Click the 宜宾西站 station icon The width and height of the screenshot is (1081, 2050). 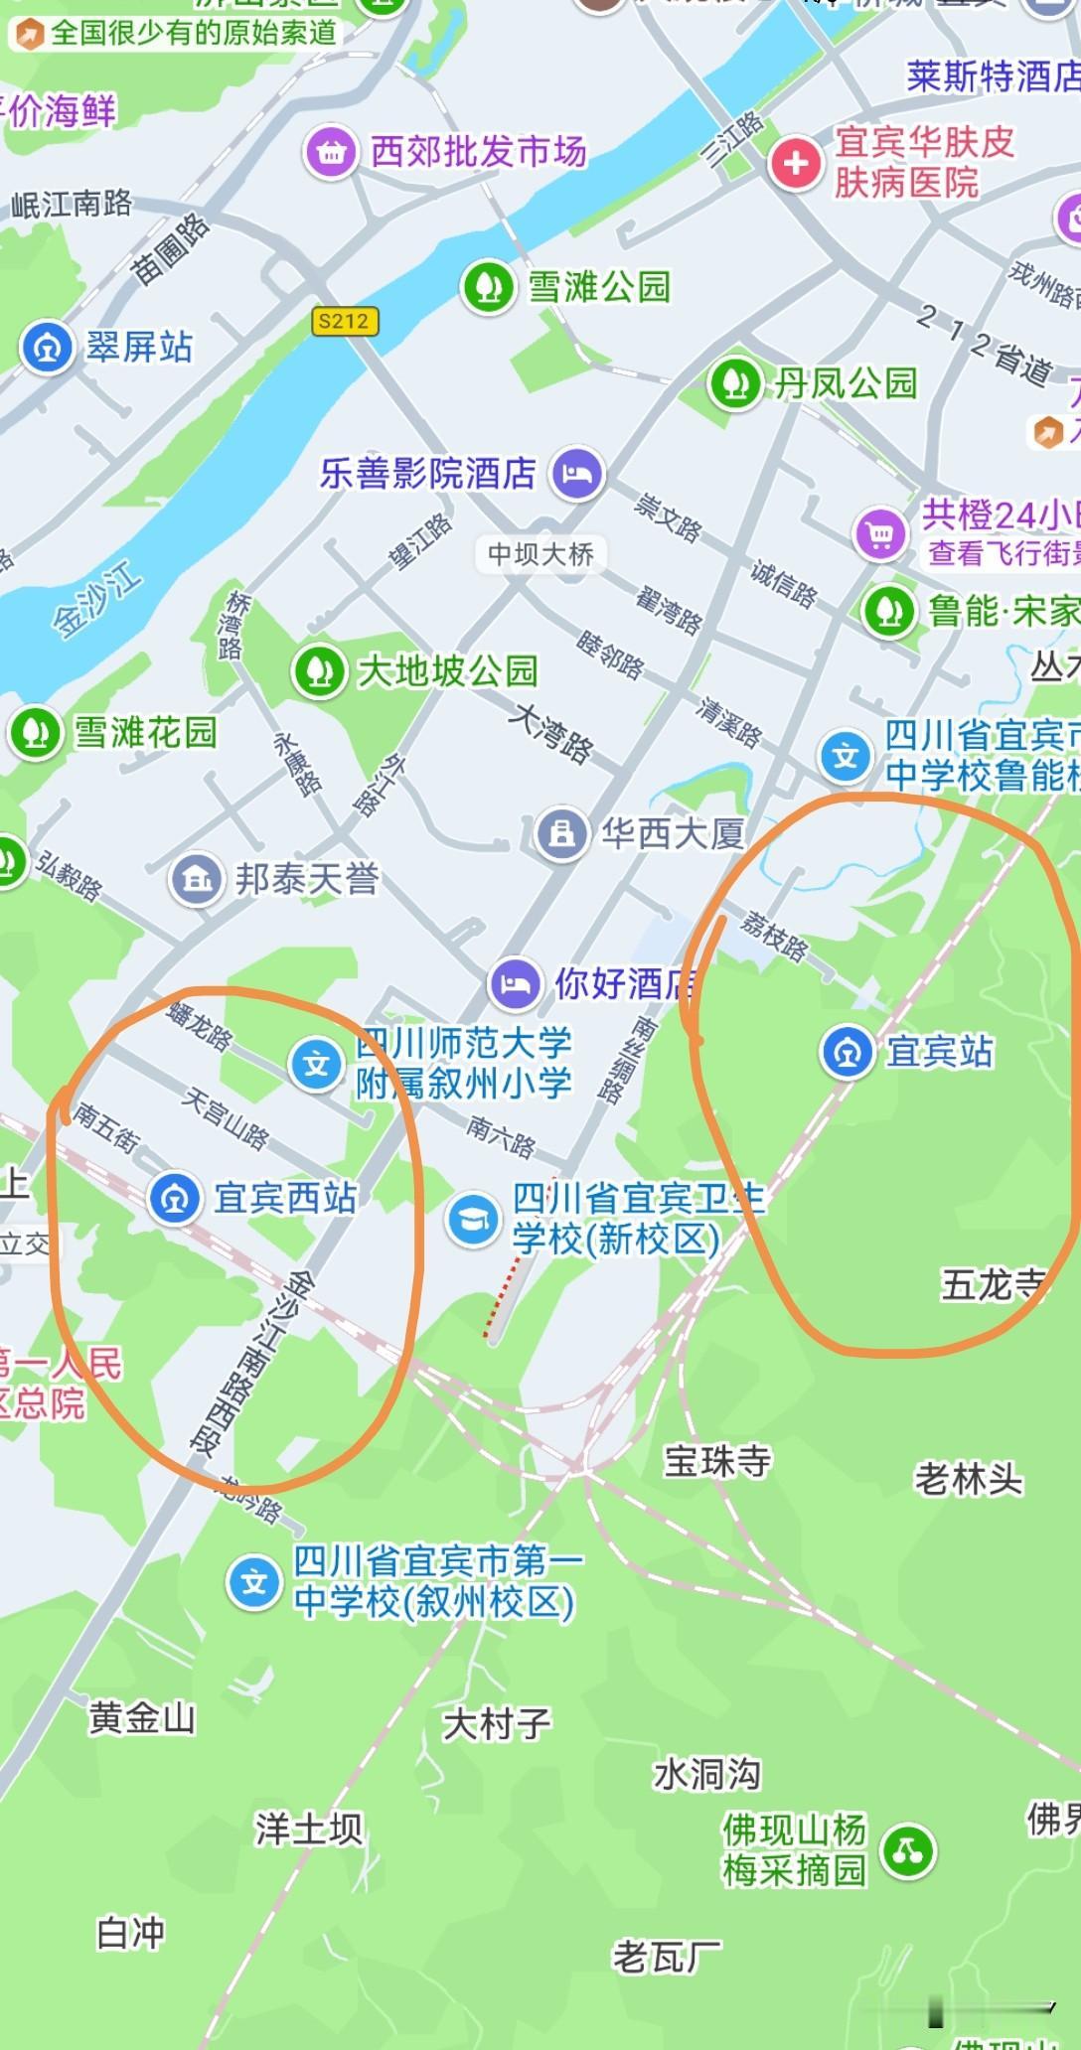pos(175,1198)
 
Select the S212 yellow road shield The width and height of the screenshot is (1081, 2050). pos(344,321)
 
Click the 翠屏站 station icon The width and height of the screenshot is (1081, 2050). pos(47,347)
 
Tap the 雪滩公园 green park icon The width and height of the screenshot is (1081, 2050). pos(487,286)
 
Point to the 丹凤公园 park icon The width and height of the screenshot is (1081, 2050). pos(734,382)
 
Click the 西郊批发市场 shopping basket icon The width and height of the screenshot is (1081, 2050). pos(331,152)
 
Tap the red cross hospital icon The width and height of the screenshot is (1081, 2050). pos(796,163)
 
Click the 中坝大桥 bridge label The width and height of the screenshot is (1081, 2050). pos(540,553)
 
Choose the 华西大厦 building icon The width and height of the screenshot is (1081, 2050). pos(561,833)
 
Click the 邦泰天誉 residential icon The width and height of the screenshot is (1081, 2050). pos(197,878)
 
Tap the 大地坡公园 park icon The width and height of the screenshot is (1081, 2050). pos(318,670)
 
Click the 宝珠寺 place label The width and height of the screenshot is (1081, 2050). pos(716,1461)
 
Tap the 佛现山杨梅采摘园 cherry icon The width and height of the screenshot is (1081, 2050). pos(908,1851)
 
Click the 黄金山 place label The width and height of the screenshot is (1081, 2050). pos(142,1717)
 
